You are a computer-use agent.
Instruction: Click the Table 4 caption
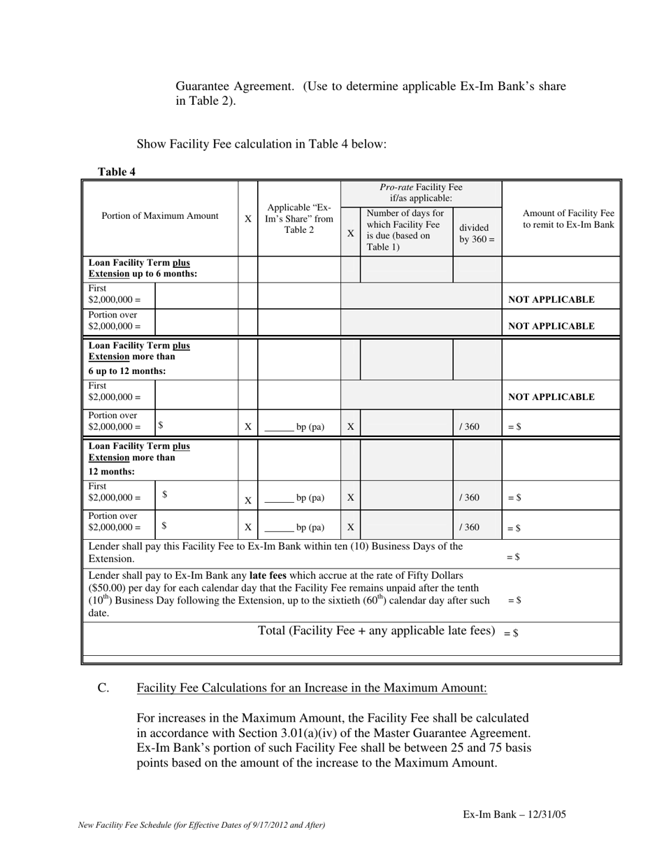(117, 172)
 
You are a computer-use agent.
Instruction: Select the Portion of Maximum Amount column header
(160, 216)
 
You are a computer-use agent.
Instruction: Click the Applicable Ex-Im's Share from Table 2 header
(300, 218)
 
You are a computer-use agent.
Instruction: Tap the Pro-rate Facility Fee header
(421, 192)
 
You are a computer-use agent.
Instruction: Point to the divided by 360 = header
(477, 234)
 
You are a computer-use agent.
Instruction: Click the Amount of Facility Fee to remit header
(568, 219)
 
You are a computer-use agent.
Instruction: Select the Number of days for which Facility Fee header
(405, 230)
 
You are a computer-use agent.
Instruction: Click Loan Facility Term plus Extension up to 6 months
(143, 268)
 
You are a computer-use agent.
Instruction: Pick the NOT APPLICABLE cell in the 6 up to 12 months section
(551, 396)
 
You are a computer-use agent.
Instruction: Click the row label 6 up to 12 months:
(127, 371)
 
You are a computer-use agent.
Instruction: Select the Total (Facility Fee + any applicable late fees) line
(377, 631)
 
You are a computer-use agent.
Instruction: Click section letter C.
(103, 688)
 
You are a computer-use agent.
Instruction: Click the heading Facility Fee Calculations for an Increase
(312, 688)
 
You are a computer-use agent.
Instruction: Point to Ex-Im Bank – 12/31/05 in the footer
(519, 815)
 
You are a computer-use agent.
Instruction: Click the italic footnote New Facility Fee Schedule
(202, 825)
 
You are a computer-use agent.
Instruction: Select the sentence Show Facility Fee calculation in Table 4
(261, 144)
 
